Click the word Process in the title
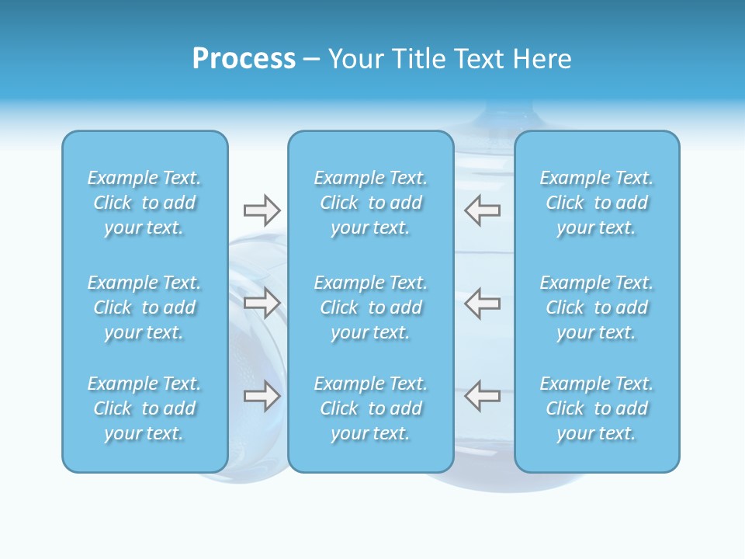click(244, 59)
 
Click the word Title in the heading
click(417, 59)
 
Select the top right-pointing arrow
click(262, 210)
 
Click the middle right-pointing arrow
click(262, 303)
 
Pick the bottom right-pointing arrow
click(262, 396)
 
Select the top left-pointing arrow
click(482, 210)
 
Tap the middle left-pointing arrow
click(482, 303)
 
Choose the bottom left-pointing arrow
click(482, 396)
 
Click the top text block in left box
click(144, 203)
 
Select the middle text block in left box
click(144, 307)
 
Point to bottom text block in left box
click(144, 408)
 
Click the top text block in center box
click(370, 203)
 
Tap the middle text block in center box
click(370, 307)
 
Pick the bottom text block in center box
click(370, 408)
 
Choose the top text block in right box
click(596, 203)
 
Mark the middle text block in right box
click(596, 307)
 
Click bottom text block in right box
click(596, 408)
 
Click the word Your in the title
click(354, 59)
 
